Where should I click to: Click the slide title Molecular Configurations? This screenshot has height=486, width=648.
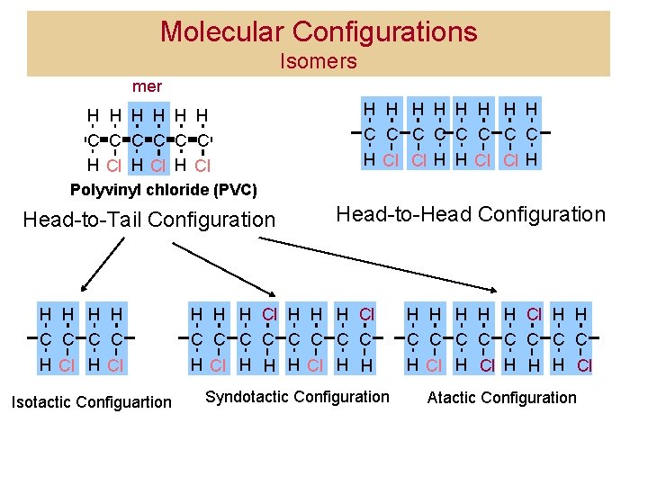pyautogui.click(x=319, y=32)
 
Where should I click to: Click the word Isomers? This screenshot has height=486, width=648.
pyautogui.click(x=319, y=62)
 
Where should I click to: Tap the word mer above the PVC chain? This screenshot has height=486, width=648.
pyautogui.click(x=147, y=87)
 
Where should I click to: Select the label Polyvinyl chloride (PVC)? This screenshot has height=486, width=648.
pyautogui.click(x=164, y=190)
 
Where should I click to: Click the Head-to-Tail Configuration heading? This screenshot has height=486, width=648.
pyautogui.click(x=149, y=220)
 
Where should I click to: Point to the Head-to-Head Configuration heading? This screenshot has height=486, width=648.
pyautogui.click(x=471, y=214)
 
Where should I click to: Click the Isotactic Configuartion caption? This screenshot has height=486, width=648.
pyautogui.click(x=91, y=401)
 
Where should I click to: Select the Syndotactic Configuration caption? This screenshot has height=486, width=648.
pyautogui.click(x=298, y=397)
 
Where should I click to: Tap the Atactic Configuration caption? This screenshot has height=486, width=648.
pyautogui.click(x=502, y=398)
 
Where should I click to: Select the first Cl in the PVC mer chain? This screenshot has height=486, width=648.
pyautogui.click(x=114, y=166)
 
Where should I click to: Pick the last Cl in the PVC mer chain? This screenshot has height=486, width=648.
pyautogui.click(x=202, y=166)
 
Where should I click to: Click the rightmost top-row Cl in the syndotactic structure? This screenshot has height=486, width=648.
pyautogui.click(x=366, y=314)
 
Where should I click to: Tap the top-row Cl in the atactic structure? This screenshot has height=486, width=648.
pyautogui.click(x=534, y=314)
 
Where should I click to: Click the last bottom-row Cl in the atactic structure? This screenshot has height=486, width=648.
pyautogui.click(x=584, y=365)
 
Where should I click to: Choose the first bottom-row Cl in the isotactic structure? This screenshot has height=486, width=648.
pyautogui.click(x=66, y=364)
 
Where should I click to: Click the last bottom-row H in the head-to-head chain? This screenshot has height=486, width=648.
pyautogui.click(x=533, y=160)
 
